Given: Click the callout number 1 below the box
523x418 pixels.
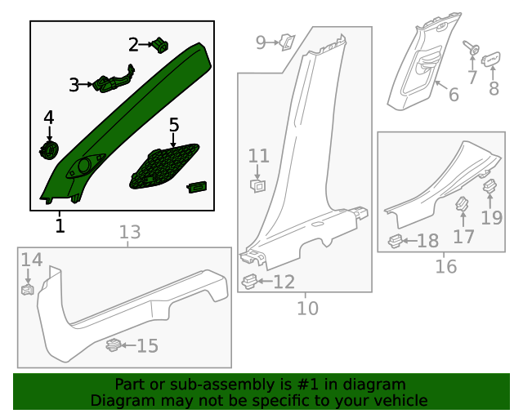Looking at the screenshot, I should pos(60,225).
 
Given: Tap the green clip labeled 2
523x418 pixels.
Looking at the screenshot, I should pos(160,45).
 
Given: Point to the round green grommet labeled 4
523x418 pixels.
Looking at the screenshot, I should pos(49,149).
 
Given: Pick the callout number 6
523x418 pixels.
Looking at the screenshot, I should pos(454,95).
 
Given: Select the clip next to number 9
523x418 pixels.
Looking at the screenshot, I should pos(287,41).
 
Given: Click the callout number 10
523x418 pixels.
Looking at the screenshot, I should pos(307,308).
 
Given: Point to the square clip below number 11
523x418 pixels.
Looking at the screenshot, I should pos(257,185).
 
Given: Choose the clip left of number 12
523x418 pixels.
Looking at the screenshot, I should pos(250,282).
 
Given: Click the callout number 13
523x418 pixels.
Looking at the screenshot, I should pos(130,233).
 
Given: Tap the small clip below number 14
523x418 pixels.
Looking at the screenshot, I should pos(27,288).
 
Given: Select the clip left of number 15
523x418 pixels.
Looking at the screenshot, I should pos(114,345).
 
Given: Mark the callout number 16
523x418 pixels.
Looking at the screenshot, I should pos(445,266).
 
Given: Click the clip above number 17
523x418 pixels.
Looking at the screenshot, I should pos(462,205).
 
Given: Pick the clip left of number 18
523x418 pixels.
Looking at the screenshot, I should pos(396,241).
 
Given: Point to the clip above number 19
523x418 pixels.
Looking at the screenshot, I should pos(490,188).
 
